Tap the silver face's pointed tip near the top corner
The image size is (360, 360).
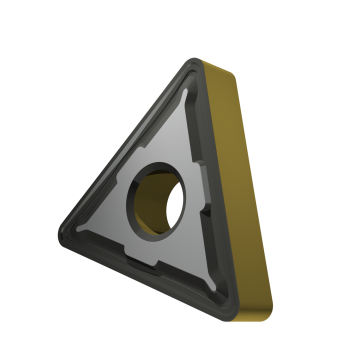[x=188, y=85]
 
